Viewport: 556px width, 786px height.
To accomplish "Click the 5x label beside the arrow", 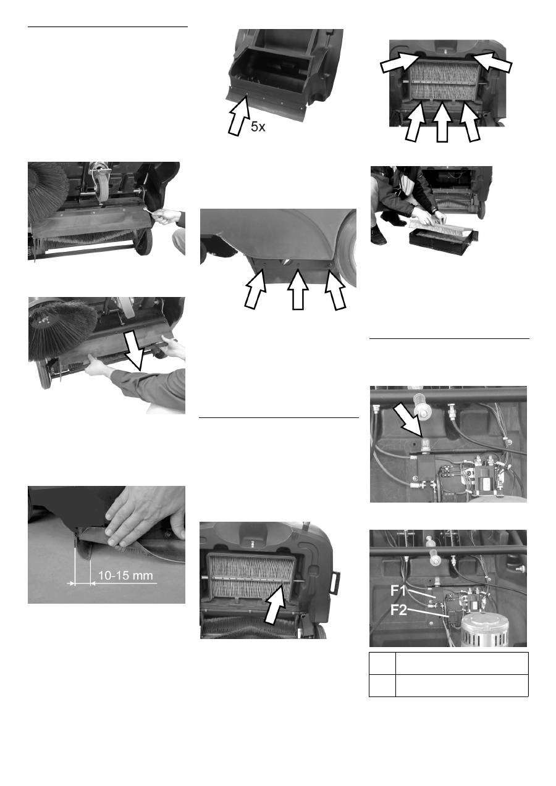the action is point(258,127).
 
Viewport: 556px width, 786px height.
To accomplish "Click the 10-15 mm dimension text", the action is point(125,575).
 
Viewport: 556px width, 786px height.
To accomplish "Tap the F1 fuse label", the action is point(398,590).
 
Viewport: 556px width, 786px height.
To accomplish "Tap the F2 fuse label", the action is point(399,610).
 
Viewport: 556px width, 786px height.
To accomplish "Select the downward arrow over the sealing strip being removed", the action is point(135,352).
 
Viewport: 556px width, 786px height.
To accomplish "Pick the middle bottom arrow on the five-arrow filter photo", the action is point(442,122).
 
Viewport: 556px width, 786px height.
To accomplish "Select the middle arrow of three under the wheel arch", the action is point(298,289).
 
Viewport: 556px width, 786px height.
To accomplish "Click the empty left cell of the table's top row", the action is point(382,663).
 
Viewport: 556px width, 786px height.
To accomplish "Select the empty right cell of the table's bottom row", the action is point(462,685).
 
